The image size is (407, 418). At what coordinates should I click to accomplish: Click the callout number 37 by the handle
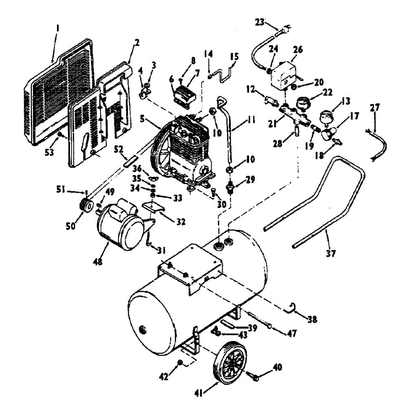pyautogui.click(x=330, y=253)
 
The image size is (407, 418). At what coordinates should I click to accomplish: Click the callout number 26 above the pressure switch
pyautogui.click(x=298, y=50)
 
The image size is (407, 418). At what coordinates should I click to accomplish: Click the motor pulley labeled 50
pyautogui.click(x=86, y=206)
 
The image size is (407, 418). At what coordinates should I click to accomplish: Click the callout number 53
pyautogui.click(x=49, y=152)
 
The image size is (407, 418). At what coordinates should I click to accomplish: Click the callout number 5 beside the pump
pyautogui.click(x=142, y=119)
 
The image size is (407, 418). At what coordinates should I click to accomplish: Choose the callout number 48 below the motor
pyautogui.click(x=98, y=262)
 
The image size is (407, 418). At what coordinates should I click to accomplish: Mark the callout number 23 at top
pyautogui.click(x=259, y=22)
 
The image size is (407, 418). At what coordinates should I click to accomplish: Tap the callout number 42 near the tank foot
pyautogui.click(x=164, y=377)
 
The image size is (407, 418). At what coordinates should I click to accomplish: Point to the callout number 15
pyautogui.click(x=234, y=56)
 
